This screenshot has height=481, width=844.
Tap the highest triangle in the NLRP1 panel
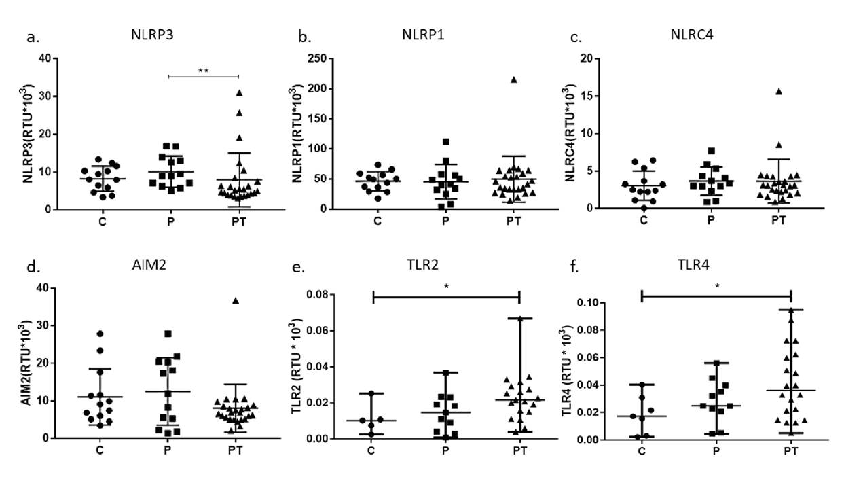point(514,79)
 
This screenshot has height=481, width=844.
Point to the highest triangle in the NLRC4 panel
point(779,91)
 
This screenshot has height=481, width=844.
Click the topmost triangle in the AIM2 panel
point(236,300)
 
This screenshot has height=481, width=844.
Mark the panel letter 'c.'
point(576,37)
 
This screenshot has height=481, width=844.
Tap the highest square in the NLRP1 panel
point(446,142)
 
